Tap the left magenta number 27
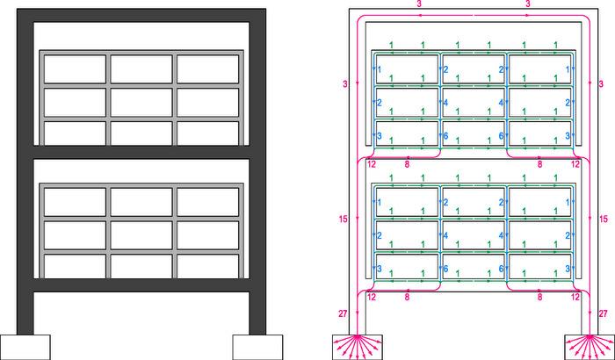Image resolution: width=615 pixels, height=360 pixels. [343, 313]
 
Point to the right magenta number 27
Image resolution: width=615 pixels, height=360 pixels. [603, 313]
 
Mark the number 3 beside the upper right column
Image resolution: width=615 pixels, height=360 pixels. [600, 84]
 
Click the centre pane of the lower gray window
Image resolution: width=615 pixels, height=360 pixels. [142, 234]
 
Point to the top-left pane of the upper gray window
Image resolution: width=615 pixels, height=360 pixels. [75, 68]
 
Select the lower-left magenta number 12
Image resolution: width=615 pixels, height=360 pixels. [372, 299]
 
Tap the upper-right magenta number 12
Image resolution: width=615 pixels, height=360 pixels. [575, 164]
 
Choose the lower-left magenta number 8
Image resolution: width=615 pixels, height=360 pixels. [406, 299]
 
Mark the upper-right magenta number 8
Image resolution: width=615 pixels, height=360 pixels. [539, 164]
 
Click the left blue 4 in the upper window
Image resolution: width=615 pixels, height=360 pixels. [445, 103]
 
